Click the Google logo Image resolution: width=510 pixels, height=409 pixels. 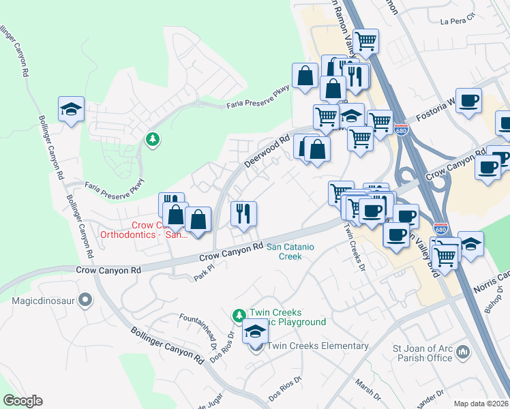click(x=22, y=401)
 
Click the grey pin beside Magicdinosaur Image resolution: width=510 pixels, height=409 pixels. click(x=85, y=299)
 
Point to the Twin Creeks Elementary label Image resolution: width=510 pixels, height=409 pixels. click(x=318, y=346)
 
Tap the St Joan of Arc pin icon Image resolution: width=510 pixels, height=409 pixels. click(x=464, y=352)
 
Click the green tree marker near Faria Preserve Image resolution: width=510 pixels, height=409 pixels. click(x=153, y=139)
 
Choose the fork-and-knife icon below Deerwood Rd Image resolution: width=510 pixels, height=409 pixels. click(x=243, y=213)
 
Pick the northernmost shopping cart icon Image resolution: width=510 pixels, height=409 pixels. click(x=366, y=41)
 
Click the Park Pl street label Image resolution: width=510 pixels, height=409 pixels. click(x=204, y=274)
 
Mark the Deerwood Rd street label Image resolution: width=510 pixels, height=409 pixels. click(x=262, y=151)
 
